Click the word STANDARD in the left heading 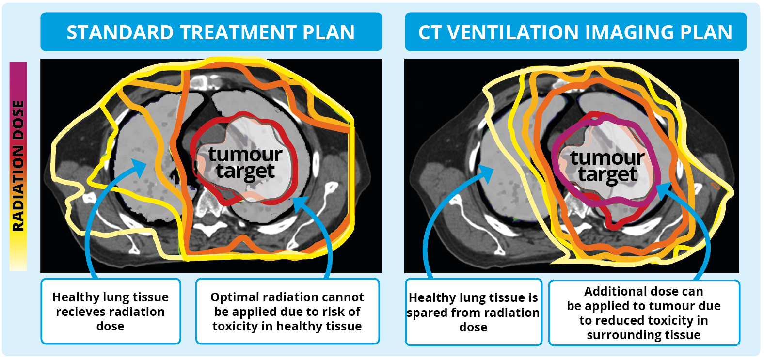(x=120, y=32)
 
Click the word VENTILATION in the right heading (x=514, y=32)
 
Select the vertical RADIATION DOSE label (x=18, y=166)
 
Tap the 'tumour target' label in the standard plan (x=245, y=163)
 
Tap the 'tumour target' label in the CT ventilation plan (x=607, y=167)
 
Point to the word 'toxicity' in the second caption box (x=235, y=326)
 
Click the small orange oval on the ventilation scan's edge (x=715, y=186)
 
